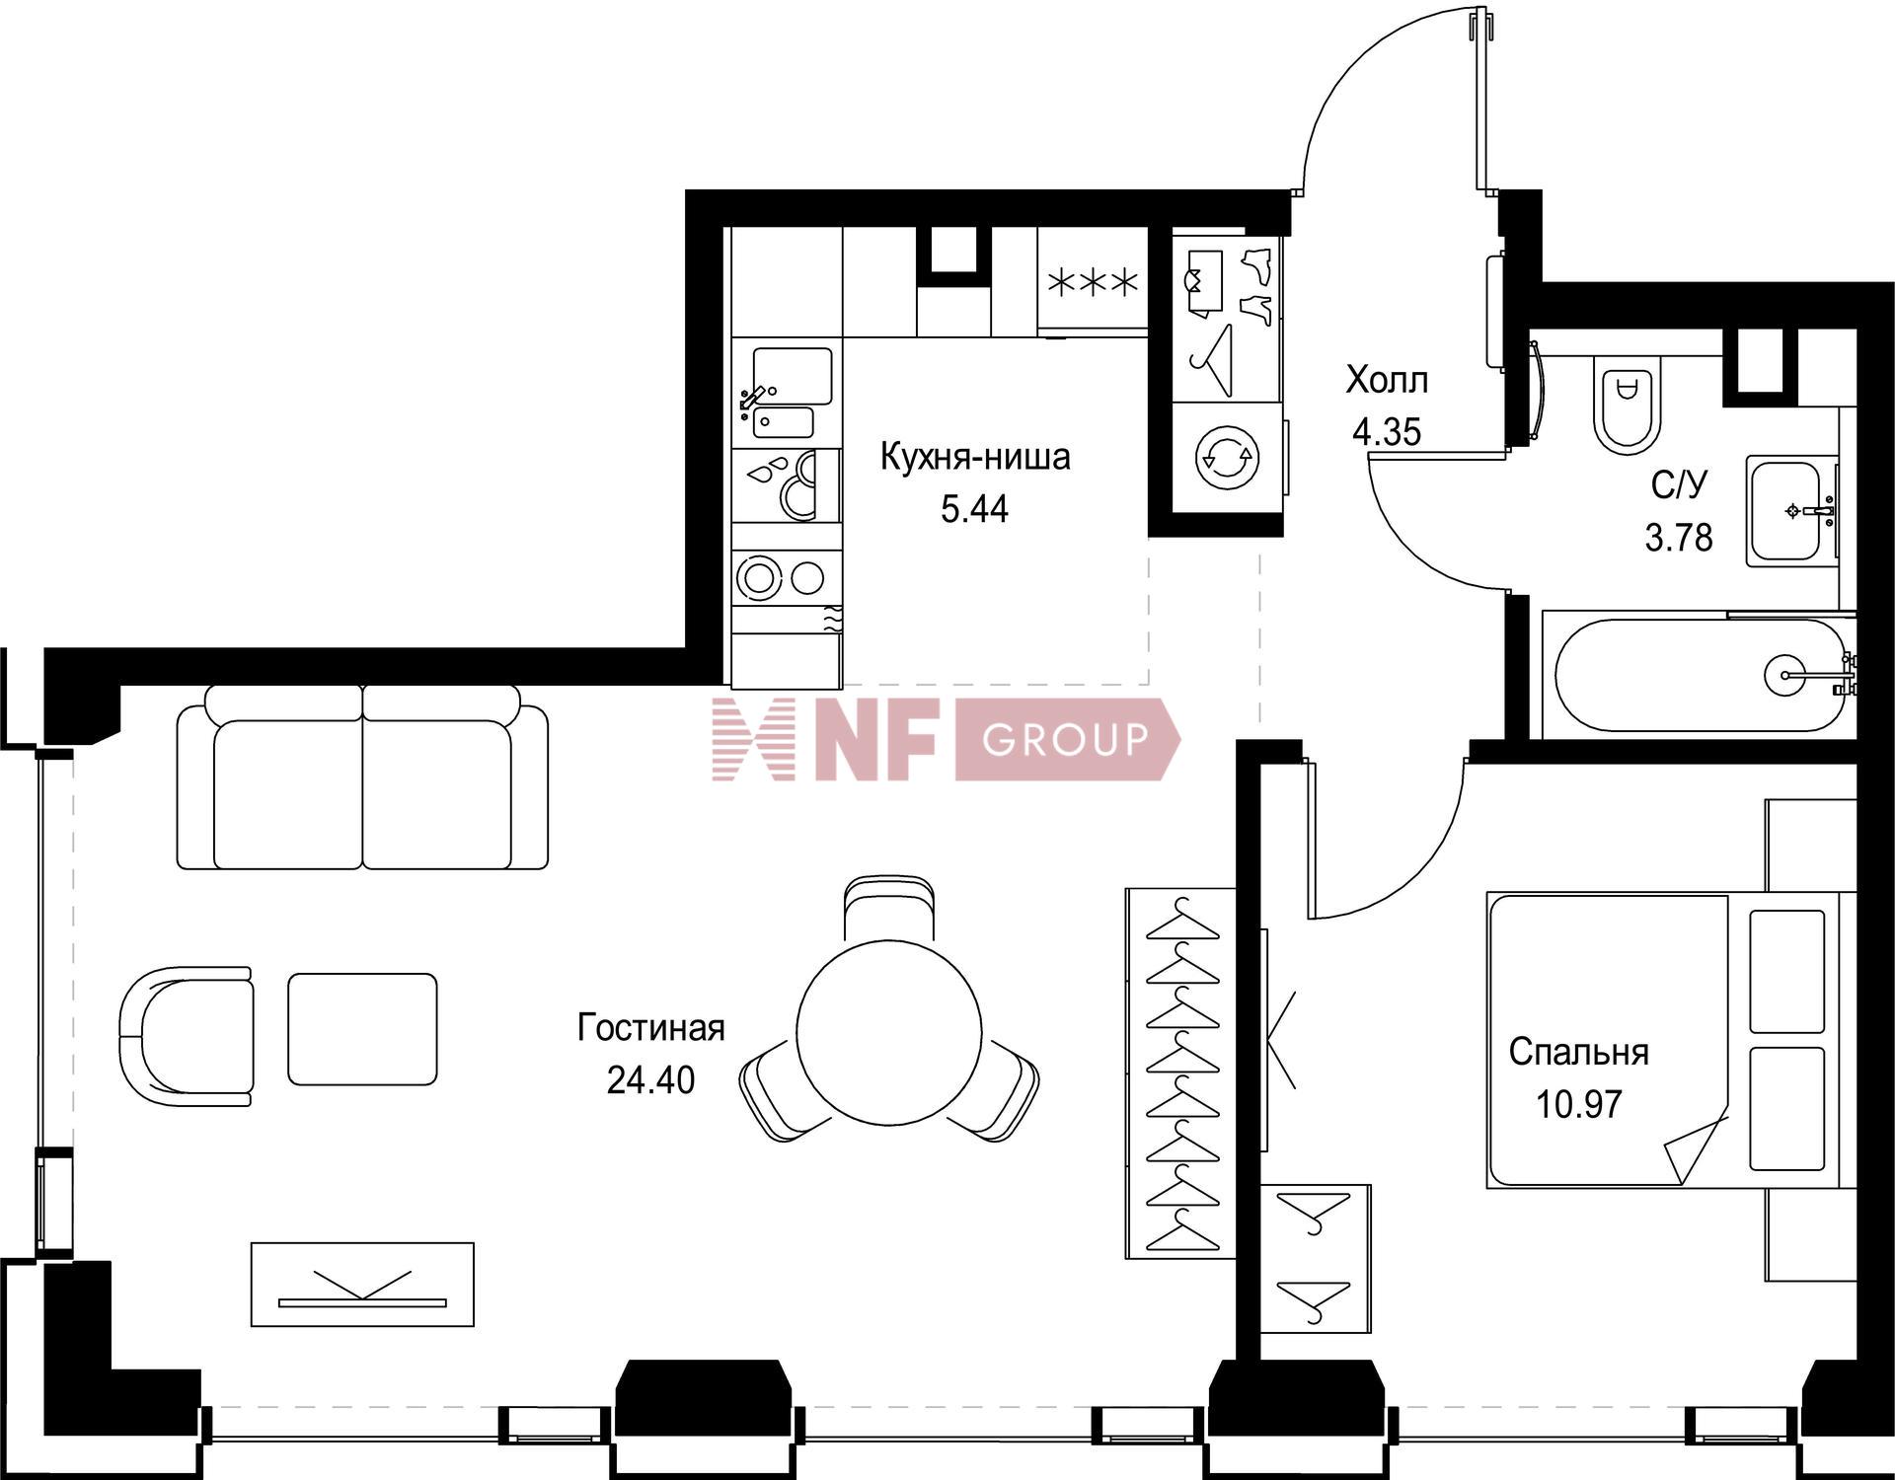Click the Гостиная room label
coord(650,1029)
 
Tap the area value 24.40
coord(650,1080)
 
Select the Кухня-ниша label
coord(975,458)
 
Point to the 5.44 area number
coord(975,509)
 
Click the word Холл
coord(1387,380)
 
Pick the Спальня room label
coord(1578,1053)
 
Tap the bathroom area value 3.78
coord(1678,538)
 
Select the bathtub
coord(1699,675)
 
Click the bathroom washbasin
coord(1791,511)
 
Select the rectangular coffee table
coord(362,1029)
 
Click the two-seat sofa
coord(362,777)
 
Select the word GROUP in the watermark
coord(1066,739)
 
